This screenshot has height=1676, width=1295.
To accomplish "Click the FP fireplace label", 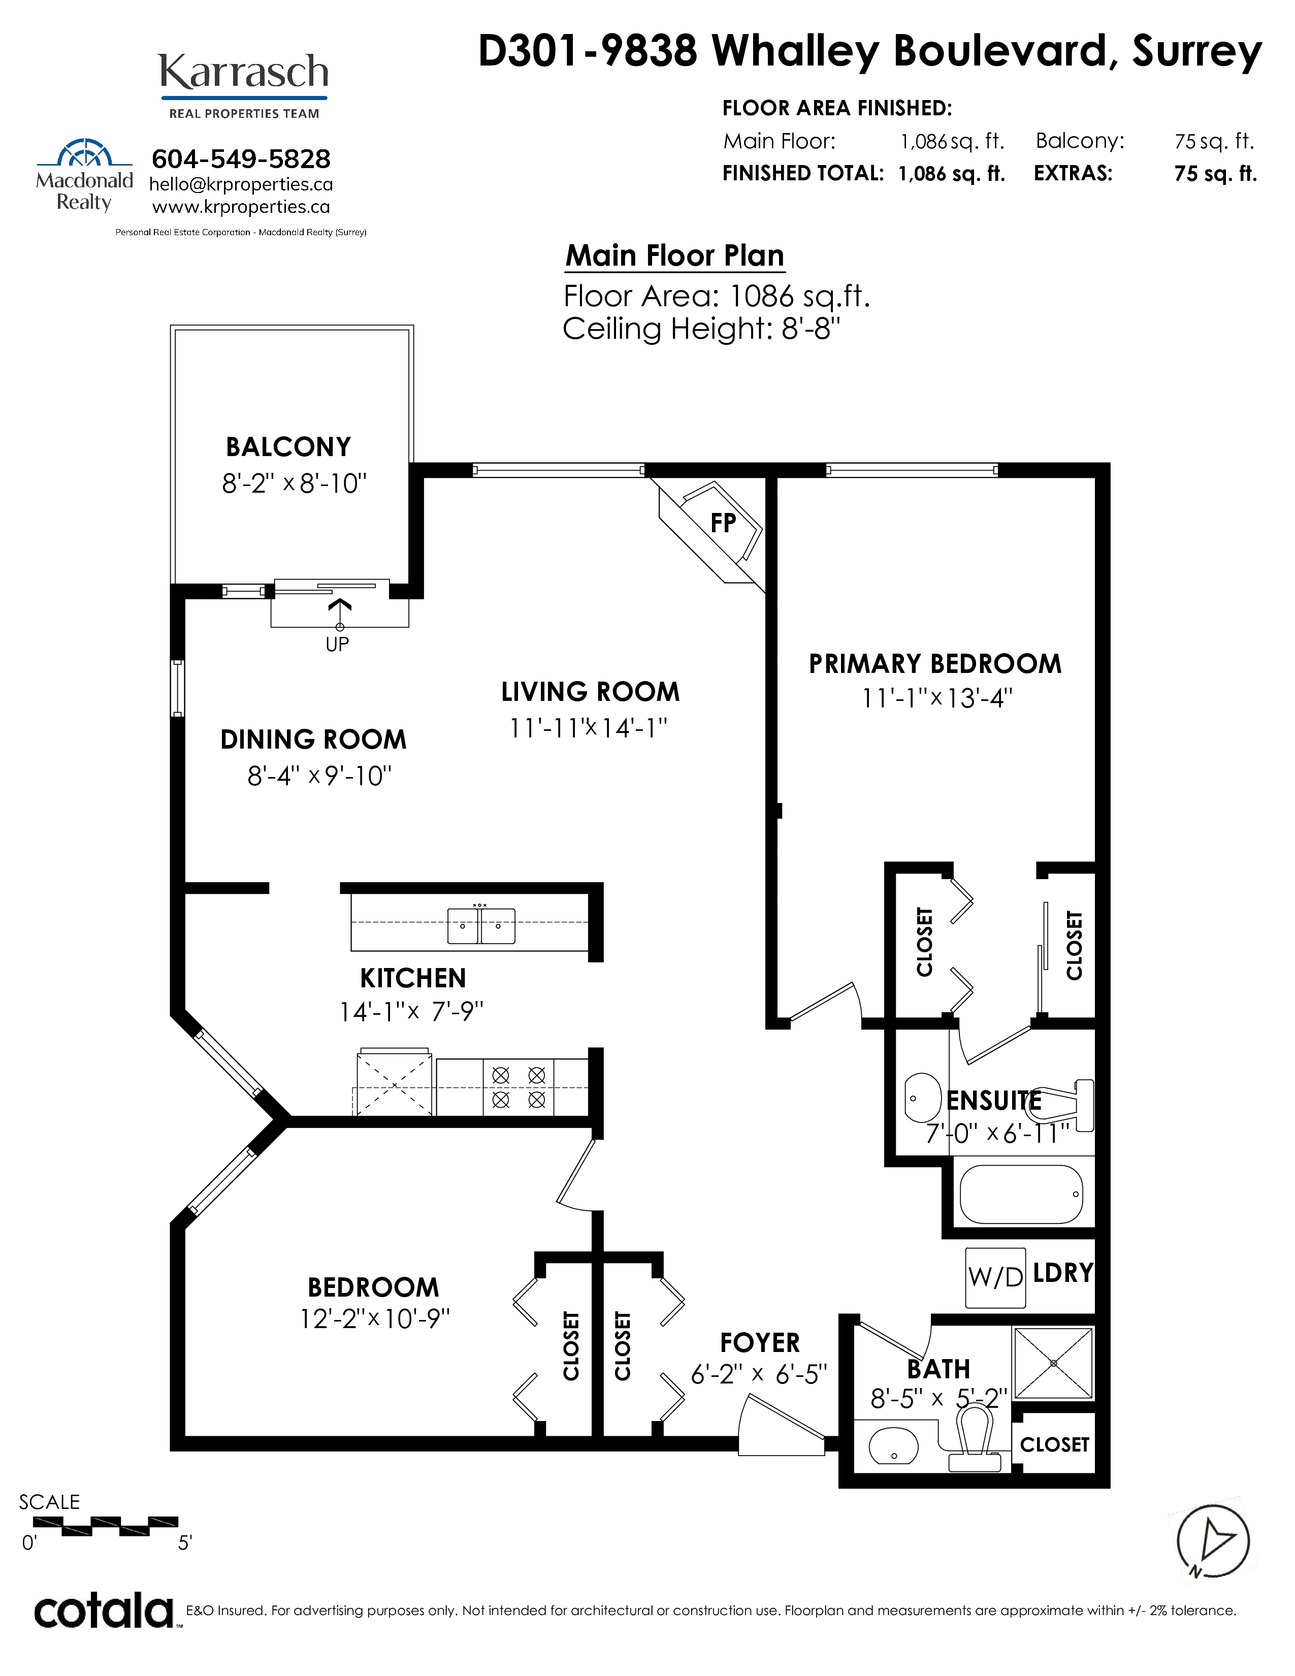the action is pos(723,523).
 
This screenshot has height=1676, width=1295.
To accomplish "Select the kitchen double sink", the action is pos(481,925).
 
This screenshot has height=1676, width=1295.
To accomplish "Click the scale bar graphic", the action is pos(99,1527).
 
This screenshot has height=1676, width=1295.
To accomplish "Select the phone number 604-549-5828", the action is pos(241,159).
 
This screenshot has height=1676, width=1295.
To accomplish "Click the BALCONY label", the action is pos(288,446).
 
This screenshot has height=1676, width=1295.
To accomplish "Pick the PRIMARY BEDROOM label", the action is pos(935,664).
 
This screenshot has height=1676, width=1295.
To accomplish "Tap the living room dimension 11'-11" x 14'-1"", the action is pos(589,727).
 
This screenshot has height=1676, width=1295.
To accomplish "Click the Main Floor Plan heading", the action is pos(675,255).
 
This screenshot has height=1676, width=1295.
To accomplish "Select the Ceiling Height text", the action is pos(702,329).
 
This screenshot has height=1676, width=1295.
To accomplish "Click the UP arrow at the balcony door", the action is pos(340,615).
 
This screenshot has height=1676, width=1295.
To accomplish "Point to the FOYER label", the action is pos(760,1343).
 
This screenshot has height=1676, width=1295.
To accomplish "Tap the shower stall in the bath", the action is pos(1053,1363).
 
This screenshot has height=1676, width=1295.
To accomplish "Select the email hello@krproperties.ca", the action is pos(241,185).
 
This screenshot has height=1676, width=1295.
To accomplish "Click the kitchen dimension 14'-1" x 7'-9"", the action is pos(412,1012).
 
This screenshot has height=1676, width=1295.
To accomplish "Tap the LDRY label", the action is pos(1062,1273).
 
